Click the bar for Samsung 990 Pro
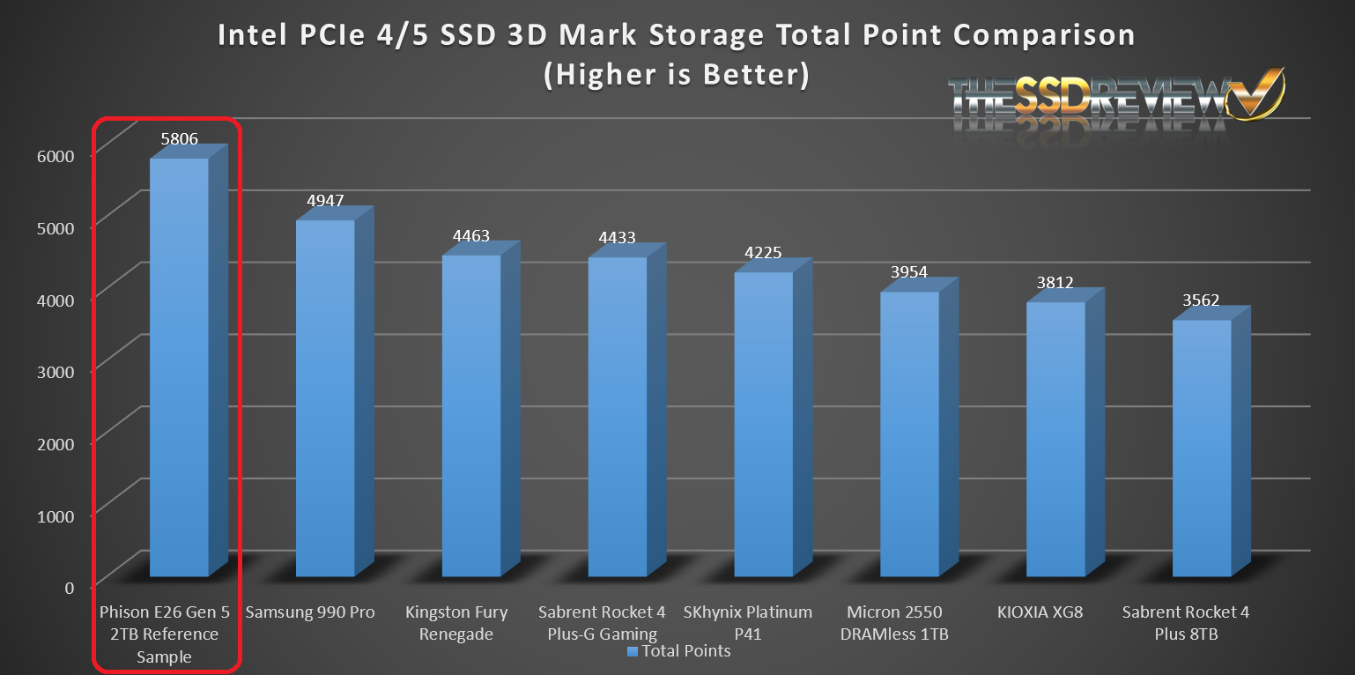coord(325,397)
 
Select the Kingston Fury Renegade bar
coord(471,414)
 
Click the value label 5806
coord(179,138)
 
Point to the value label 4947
coord(325,200)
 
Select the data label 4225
coord(763,253)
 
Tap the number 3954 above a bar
coord(909,272)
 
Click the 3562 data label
coord(1201,300)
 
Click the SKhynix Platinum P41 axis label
coord(748,623)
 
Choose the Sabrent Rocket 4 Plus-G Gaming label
coord(603,623)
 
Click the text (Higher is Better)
coord(676,75)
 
